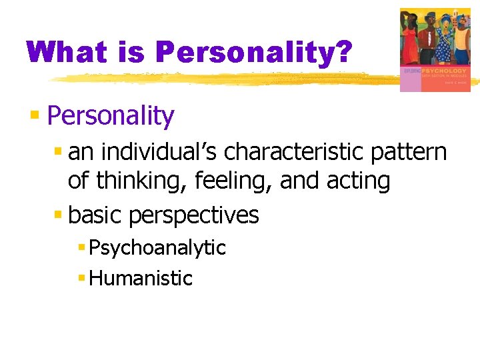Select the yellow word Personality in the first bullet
click(111, 116)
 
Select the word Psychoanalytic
click(157, 248)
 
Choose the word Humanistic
click(141, 278)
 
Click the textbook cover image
click(435, 49)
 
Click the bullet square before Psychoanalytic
click(81, 248)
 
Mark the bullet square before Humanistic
click(81, 278)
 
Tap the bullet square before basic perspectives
click(59, 215)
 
